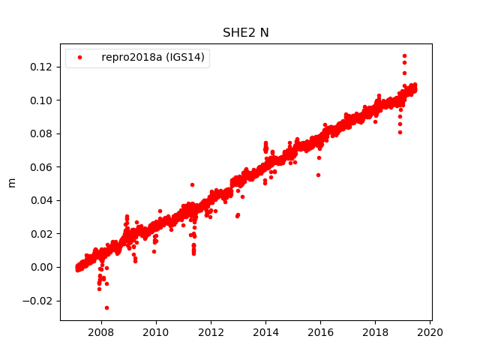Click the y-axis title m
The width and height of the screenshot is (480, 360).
click(x=11, y=182)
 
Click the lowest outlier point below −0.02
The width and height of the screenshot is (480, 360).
click(x=106, y=307)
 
